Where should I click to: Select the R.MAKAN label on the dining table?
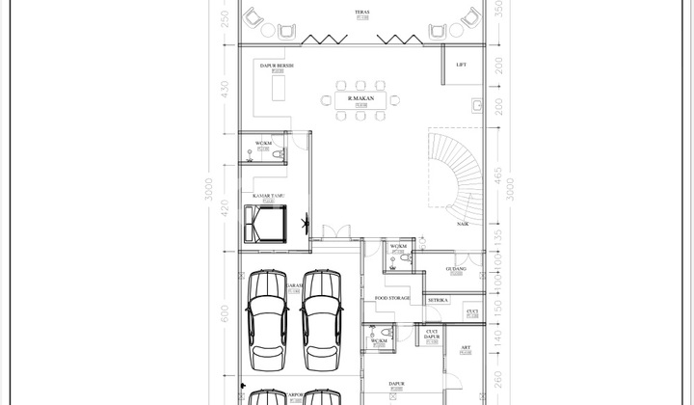click(361, 99)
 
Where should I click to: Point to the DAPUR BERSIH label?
click(277, 66)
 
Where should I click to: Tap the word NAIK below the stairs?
click(464, 224)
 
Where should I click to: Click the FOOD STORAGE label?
click(392, 298)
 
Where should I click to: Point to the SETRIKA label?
click(440, 300)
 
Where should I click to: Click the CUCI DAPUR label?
click(432, 335)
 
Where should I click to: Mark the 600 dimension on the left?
click(225, 312)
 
